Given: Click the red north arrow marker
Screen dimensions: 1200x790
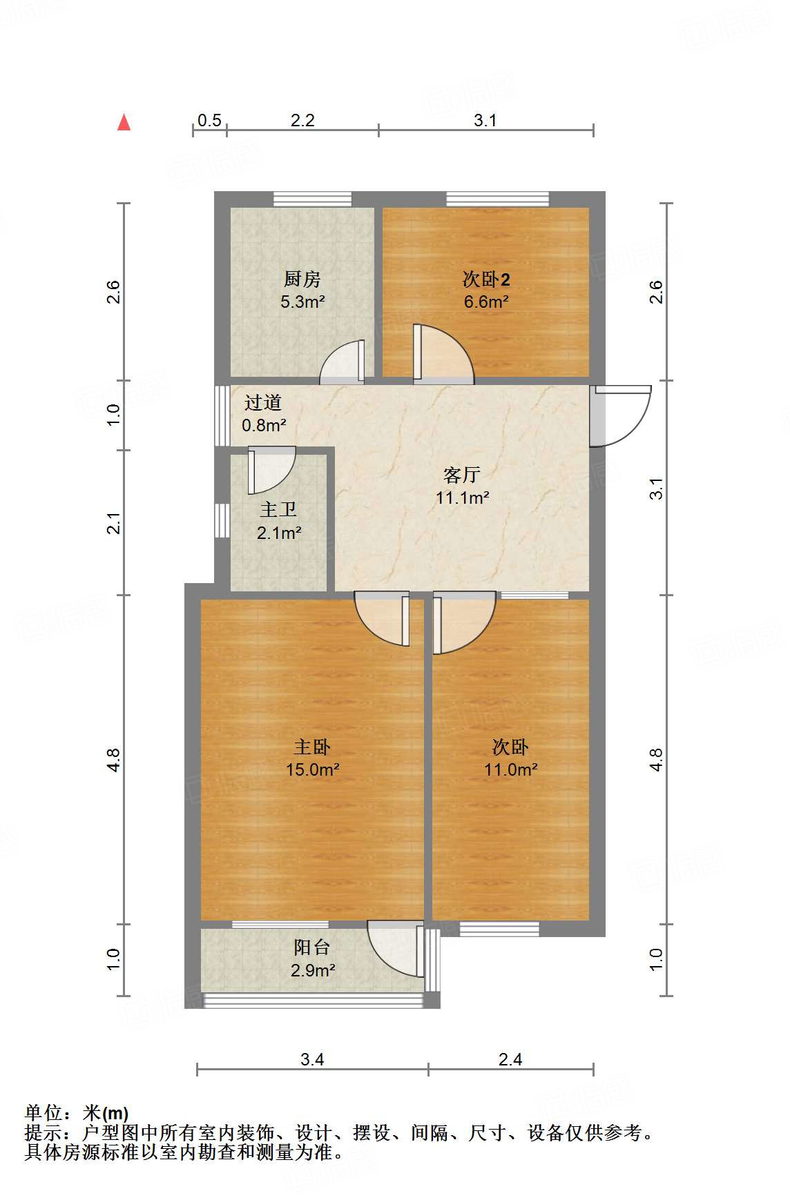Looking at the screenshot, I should pos(124,123).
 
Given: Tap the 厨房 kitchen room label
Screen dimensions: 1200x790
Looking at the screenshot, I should pos(302,279).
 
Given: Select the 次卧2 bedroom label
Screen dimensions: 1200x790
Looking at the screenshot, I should pos(486,279).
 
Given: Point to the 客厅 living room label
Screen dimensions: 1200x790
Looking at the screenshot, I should pos(462,475).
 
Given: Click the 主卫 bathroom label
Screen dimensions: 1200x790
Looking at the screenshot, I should pos(278,510).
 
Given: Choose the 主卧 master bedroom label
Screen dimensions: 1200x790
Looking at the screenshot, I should pos(312,747).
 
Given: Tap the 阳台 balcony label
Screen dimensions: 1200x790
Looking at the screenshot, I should pos(312,947).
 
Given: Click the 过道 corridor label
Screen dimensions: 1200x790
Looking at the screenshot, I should pos(263,402).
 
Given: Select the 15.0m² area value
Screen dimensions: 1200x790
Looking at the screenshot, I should pos(312,769).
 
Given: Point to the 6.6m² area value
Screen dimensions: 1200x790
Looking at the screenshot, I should pos(486,302).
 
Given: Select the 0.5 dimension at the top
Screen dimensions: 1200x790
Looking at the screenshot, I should pos(209,121).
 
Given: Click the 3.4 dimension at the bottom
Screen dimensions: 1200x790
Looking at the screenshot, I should pos(312,1059).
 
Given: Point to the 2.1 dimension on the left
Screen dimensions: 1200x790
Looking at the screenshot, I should pos(115,522).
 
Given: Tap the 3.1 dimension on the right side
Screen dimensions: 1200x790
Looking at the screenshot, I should pos(657,488).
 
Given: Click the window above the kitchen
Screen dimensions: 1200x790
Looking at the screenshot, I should pos(312,199).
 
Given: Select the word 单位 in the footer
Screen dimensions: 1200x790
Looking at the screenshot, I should pos(44,1113).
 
